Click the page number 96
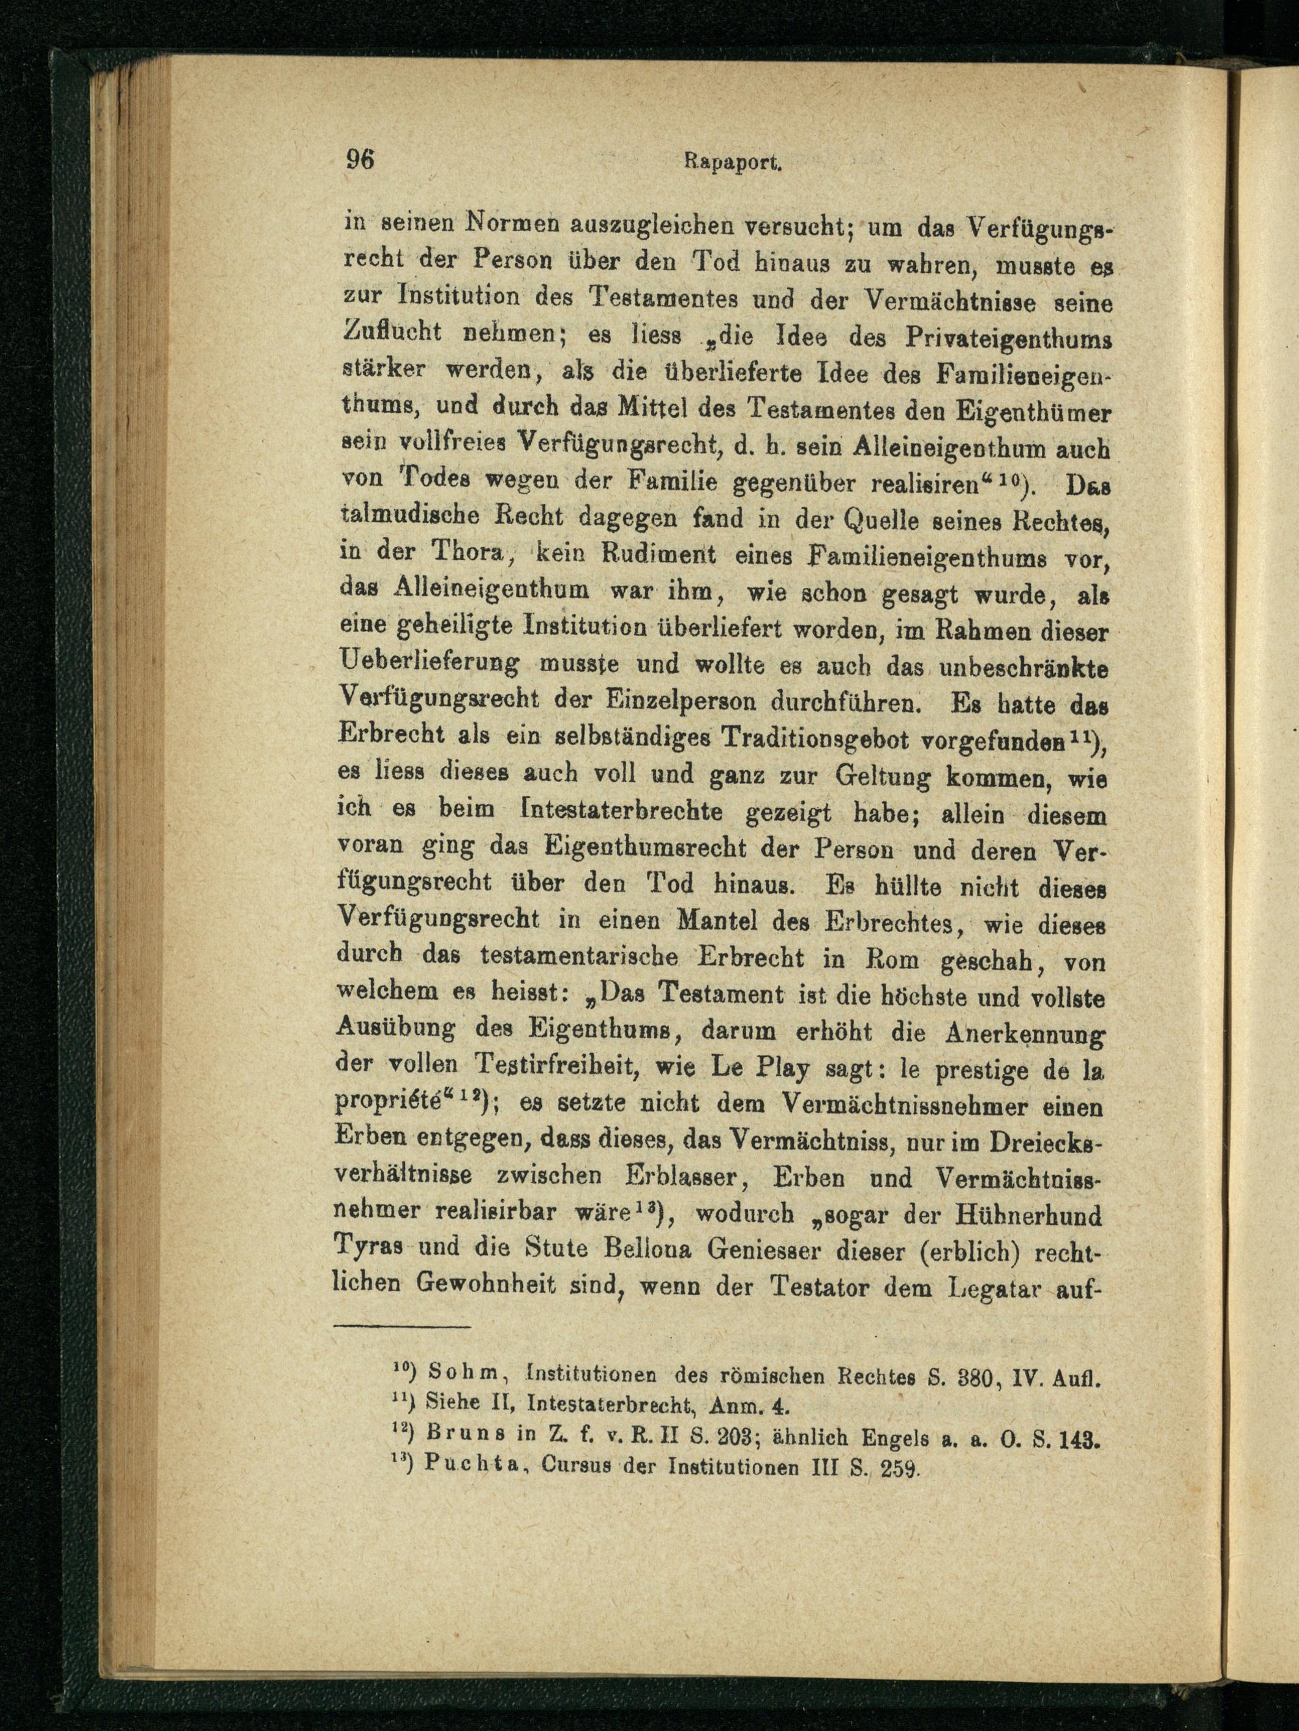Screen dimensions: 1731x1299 point(360,160)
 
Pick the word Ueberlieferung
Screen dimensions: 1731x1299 point(428,664)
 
